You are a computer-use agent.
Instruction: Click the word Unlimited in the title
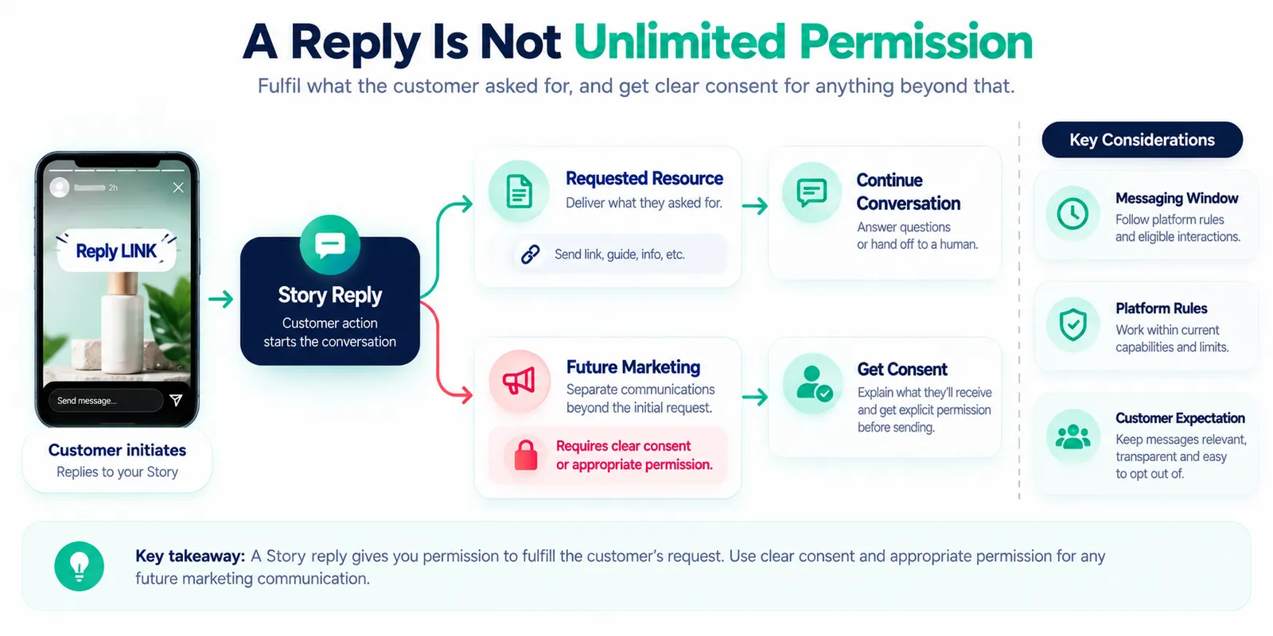click(x=679, y=42)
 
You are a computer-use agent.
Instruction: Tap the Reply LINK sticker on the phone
click(x=116, y=250)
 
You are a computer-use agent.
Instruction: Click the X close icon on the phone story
click(x=178, y=188)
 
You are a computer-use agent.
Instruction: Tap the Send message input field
click(x=106, y=401)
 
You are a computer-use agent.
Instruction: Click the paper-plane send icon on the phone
click(x=176, y=401)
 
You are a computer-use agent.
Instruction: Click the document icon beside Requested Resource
click(x=519, y=191)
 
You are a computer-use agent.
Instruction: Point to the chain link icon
click(x=530, y=254)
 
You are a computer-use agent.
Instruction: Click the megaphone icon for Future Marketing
click(x=519, y=381)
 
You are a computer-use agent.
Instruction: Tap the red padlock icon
click(x=526, y=455)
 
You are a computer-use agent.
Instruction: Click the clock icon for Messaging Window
click(x=1073, y=214)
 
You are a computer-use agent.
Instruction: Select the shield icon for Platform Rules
click(x=1073, y=324)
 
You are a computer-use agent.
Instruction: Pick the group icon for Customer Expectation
click(x=1073, y=437)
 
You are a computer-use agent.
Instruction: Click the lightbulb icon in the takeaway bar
click(x=79, y=566)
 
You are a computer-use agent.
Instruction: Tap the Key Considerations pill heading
click(x=1143, y=140)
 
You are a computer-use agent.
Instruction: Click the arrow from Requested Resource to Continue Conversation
click(x=755, y=206)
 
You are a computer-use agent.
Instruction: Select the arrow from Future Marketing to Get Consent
click(x=755, y=397)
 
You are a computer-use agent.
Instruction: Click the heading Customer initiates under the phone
click(x=117, y=450)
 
